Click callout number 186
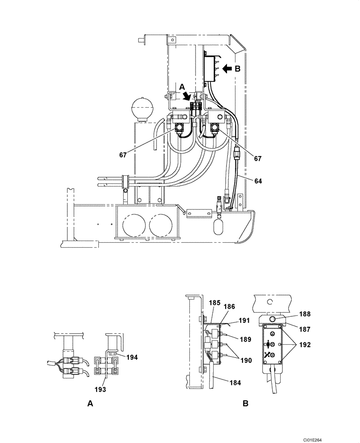point(229,306)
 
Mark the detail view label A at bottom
point(90,404)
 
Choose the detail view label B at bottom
point(246,404)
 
